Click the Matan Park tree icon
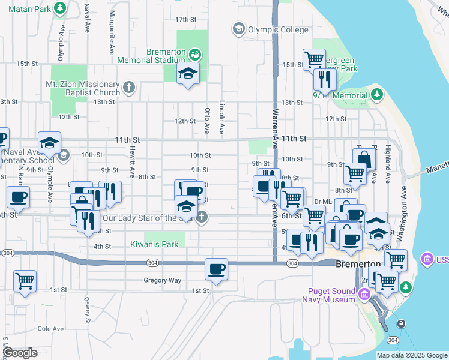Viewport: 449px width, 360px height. click(59, 8)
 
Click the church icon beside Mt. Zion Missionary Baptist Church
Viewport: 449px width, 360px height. click(128, 88)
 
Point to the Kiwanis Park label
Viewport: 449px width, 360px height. click(155, 244)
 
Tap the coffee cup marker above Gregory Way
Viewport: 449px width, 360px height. click(216, 269)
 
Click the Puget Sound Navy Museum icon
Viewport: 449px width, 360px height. click(364, 294)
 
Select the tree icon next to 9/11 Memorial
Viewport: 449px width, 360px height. click(376, 94)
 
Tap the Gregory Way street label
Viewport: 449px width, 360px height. click(162, 280)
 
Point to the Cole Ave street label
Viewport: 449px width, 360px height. click(50, 329)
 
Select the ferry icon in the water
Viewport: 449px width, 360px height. click(400, 325)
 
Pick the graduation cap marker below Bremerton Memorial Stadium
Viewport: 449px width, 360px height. click(188, 74)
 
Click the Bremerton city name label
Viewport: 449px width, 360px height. click(358, 264)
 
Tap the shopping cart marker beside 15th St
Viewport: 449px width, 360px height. click(314, 59)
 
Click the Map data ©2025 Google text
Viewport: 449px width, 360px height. click(412, 355)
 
